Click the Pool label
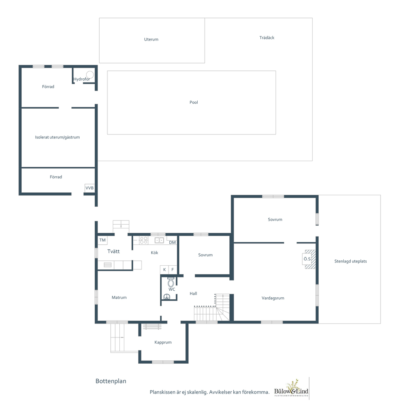[x=194, y=102]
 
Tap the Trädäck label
[x=267, y=38]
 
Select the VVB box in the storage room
[x=89, y=188]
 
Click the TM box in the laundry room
[x=103, y=240]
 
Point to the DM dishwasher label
[x=173, y=242]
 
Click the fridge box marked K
[x=164, y=270]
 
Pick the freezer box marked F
[x=173, y=270]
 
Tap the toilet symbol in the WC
[x=171, y=282]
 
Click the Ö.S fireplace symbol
[x=309, y=259]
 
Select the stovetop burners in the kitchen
[x=144, y=240]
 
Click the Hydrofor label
[x=82, y=79]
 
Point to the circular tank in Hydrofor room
[x=90, y=75]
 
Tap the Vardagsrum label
[x=273, y=298]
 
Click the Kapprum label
[x=163, y=342]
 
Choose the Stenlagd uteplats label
[x=351, y=261]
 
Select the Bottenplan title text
[x=111, y=381]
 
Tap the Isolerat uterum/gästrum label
[x=57, y=137]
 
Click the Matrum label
[x=119, y=298]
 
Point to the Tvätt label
[x=114, y=251]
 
